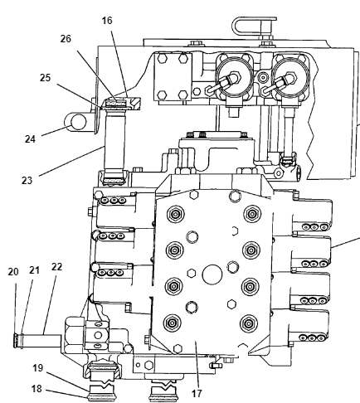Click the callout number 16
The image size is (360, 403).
click(x=107, y=21)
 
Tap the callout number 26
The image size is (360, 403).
click(x=66, y=39)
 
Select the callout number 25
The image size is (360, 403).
click(x=45, y=78)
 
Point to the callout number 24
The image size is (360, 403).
click(x=30, y=138)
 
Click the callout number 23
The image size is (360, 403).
click(x=27, y=181)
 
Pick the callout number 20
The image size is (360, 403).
click(x=13, y=272)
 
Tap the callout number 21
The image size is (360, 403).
click(x=34, y=270)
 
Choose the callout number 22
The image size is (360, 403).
click(x=56, y=267)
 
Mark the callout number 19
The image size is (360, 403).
click(x=38, y=368)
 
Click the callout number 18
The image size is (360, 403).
click(x=36, y=389)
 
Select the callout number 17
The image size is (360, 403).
click(x=197, y=393)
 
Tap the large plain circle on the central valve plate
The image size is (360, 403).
click(x=212, y=274)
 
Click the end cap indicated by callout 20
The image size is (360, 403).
click(x=16, y=341)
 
